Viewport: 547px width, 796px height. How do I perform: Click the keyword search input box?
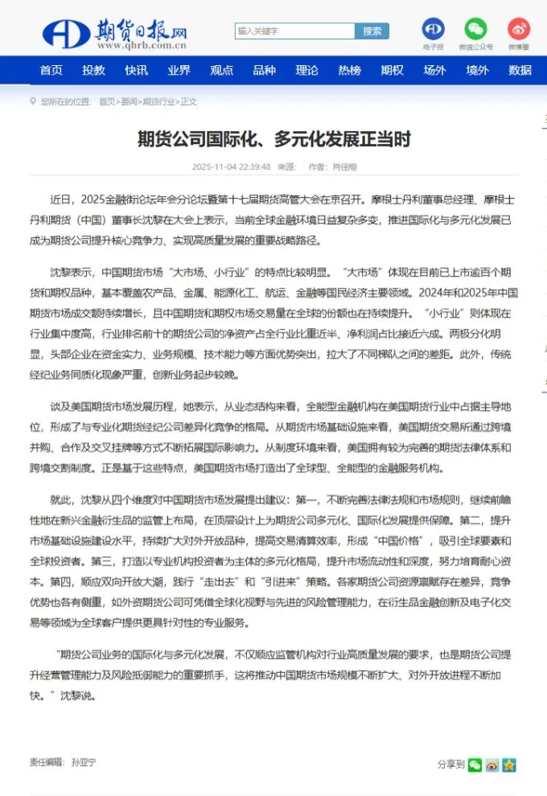point(294,31)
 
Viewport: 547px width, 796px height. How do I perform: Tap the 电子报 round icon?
point(434,30)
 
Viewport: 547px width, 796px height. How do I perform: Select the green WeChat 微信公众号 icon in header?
point(475,30)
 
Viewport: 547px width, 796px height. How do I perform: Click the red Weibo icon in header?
point(519,30)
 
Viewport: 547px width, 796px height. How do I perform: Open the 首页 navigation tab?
point(51,71)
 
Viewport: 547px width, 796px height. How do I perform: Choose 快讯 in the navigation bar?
point(136,71)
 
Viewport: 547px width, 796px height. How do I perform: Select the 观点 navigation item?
point(221,71)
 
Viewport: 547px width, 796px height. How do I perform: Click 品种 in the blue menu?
point(264,71)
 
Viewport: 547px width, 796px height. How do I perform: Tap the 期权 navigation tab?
point(392,71)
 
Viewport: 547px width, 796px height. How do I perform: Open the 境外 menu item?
point(477,71)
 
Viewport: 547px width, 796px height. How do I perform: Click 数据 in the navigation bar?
point(520,71)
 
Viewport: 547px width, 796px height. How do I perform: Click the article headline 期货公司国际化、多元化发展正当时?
point(273,140)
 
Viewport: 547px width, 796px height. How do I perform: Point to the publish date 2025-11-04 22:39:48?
point(231,167)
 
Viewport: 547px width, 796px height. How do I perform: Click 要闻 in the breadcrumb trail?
point(129,102)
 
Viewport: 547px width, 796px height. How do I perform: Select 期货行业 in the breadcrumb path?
point(158,102)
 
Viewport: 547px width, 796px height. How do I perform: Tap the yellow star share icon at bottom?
point(508,765)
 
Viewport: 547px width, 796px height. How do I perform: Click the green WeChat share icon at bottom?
point(475,765)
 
